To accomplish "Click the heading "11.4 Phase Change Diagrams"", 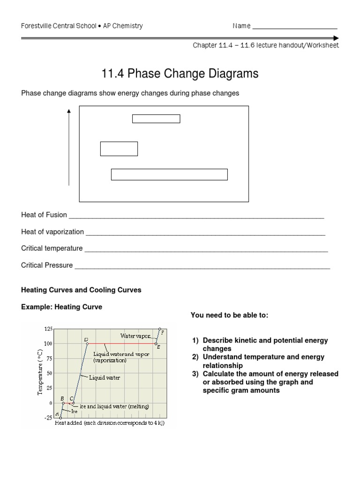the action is tap(180, 74).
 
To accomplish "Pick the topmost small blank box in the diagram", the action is tap(156, 119).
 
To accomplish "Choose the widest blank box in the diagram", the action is tap(169, 174).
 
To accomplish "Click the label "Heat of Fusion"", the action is tap(44, 215).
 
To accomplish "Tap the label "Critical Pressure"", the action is tap(47, 265).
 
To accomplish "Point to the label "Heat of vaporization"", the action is tap(52, 232).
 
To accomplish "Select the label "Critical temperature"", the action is tap(52, 248).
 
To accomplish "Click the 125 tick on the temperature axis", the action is tap(49, 329).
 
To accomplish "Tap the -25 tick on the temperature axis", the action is tap(48, 418).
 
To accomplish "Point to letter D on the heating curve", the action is tap(86, 339).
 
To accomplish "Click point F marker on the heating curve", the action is tap(160, 329).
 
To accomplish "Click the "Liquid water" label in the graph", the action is tap(105, 377).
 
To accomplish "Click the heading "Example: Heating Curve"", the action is tap(61, 307).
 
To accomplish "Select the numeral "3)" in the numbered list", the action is tap(196, 374).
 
